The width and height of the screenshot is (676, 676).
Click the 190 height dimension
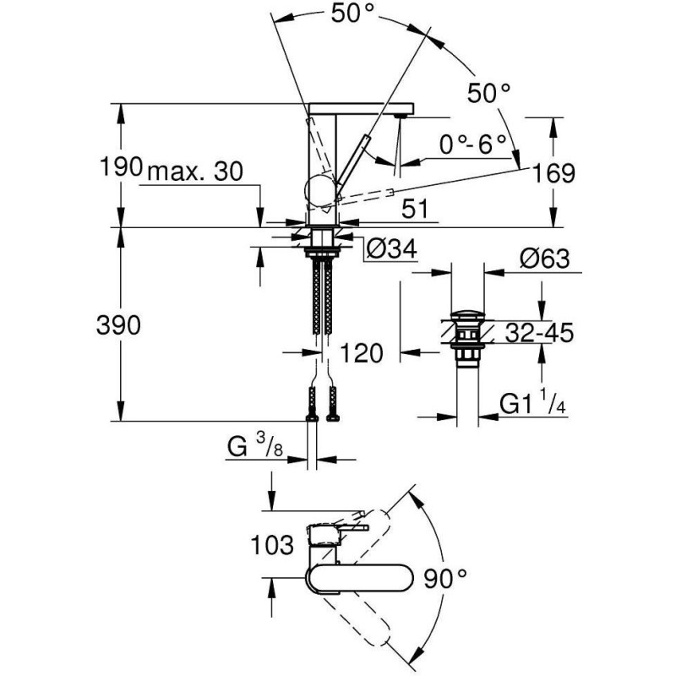click(121, 166)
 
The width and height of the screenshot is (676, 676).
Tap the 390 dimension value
click(118, 325)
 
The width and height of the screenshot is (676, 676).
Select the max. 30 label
click(195, 172)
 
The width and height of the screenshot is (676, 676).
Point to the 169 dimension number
click(554, 173)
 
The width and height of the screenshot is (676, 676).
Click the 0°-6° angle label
click(473, 144)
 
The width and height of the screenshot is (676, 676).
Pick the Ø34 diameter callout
click(391, 248)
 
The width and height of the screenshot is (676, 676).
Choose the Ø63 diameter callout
click(545, 259)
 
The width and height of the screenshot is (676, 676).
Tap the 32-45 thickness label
click(539, 332)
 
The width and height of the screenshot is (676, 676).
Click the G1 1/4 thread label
click(533, 402)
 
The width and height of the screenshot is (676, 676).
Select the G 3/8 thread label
click(255, 446)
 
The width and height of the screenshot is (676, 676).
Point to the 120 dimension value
click(362, 353)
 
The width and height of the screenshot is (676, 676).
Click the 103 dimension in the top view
click(272, 545)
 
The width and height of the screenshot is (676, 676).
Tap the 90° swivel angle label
click(445, 578)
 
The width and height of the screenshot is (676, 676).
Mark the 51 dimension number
click(415, 209)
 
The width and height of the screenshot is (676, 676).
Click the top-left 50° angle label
click(352, 14)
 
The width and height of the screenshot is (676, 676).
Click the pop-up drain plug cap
click(468, 313)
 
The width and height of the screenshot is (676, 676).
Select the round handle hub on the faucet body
click(319, 191)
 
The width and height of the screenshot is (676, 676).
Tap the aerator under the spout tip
click(401, 116)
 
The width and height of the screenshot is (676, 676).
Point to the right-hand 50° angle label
click(489, 93)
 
